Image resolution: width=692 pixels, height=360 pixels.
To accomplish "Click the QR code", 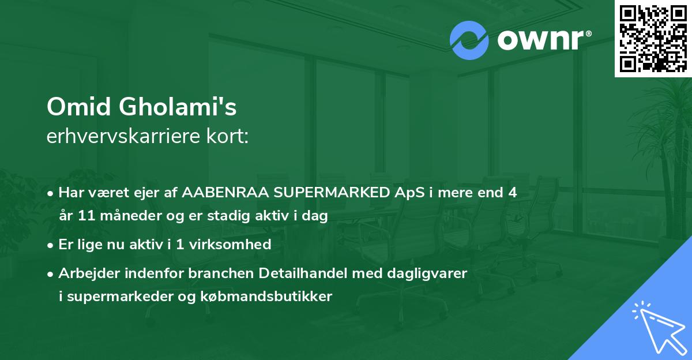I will pyautogui.click(x=653, y=39).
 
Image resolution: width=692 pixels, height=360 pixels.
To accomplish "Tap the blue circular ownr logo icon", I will pyautogui.click(x=469, y=40).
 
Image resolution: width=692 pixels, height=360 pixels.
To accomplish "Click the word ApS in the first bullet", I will pyautogui.click(x=408, y=193).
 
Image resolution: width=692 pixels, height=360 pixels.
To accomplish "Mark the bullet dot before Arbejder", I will pyautogui.click(x=51, y=273).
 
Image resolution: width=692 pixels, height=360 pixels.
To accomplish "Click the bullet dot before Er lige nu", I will pyautogui.click(x=51, y=245).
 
